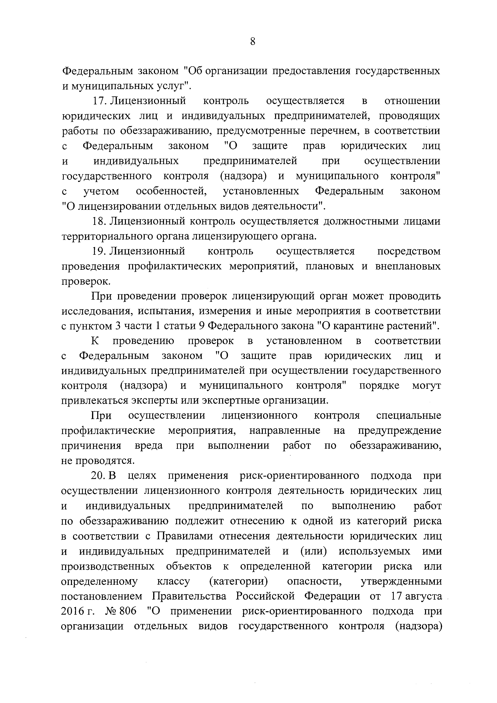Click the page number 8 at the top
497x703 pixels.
252,41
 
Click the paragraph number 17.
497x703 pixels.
98,101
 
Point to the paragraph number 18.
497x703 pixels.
98,221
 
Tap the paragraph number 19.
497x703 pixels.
98,251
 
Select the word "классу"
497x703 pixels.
173,581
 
